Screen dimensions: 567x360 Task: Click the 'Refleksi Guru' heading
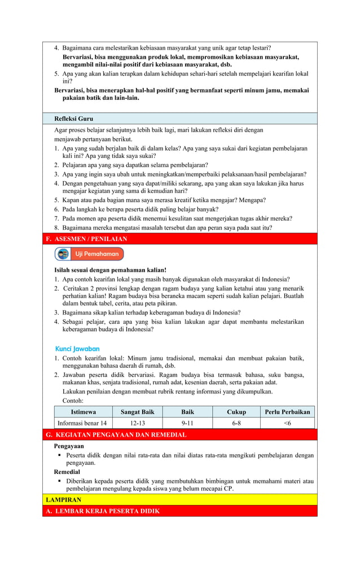pos(73,119)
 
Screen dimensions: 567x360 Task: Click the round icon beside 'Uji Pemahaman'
pos(63,254)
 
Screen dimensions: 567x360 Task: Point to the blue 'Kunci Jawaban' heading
pos(77,349)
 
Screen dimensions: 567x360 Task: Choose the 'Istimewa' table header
pos(84,412)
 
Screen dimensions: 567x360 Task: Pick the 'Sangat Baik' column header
pos(138,412)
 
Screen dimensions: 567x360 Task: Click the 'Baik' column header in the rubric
pos(187,412)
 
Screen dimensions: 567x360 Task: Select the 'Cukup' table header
pos(236,412)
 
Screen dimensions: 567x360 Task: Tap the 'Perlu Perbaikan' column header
pos(287,412)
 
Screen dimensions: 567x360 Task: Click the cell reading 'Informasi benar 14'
pos(84,423)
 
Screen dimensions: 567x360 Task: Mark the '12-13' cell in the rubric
pos(138,423)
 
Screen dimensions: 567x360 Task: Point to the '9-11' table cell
pos(187,423)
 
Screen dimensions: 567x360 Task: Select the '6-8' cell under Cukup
pos(236,423)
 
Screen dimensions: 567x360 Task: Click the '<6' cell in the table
pos(287,423)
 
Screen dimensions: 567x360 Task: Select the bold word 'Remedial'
pos(67,472)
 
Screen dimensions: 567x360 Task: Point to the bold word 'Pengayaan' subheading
pos(69,446)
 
